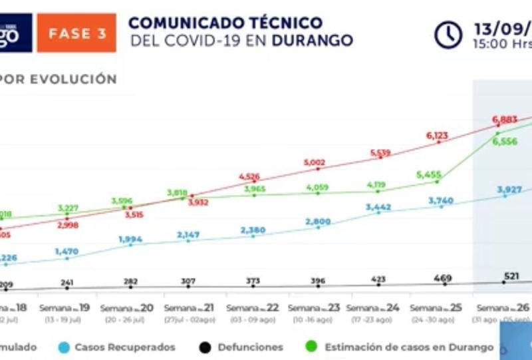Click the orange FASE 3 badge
(x=76, y=33)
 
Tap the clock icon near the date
(x=448, y=35)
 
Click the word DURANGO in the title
(x=312, y=40)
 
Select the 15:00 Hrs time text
(x=503, y=45)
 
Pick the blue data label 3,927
(x=509, y=190)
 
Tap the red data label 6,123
(x=438, y=136)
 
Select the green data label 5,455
(x=429, y=174)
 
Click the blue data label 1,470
(x=67, y=252)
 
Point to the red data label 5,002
(x=315, y=162)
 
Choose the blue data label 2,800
(x=318, y=222)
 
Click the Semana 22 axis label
(x=253, y=308)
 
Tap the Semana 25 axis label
(x=436, y=308)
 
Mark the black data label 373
(x=253, y=281)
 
